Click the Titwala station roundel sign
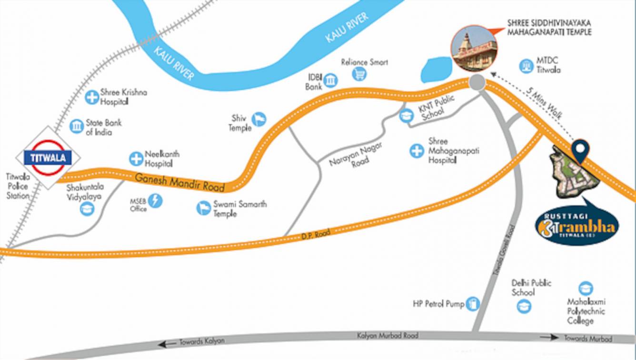(48, 158)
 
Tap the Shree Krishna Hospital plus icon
(91, 98)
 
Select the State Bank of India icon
(76, 126)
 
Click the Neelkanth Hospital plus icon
(137, 159)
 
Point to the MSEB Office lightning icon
(155, 201)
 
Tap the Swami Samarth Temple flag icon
(204, 208)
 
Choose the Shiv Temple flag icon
(259, 120)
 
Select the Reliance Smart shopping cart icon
(359, 74)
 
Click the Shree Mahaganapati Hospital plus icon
(417, 151)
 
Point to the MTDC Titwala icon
(526, 66)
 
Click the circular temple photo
(474, 50)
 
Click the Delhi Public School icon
(524, 305)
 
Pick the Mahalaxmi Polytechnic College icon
(585, 289)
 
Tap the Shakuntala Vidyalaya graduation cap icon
(87, 209)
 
